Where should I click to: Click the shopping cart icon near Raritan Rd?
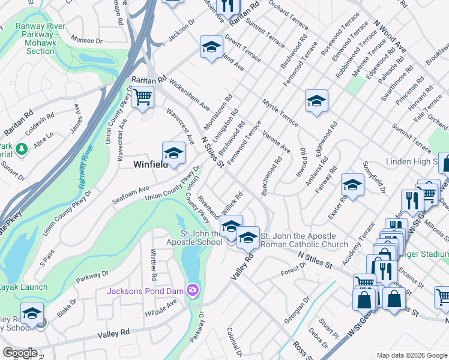[142, 97]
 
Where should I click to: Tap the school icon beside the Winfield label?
[173, 152]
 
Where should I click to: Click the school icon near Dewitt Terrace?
[211, 47]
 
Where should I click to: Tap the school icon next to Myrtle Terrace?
[316, 100]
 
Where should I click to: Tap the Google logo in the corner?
[20, 353]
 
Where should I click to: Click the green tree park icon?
[22, 148]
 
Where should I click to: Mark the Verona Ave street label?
[276, 142]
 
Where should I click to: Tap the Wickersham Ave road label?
[189, 96]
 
